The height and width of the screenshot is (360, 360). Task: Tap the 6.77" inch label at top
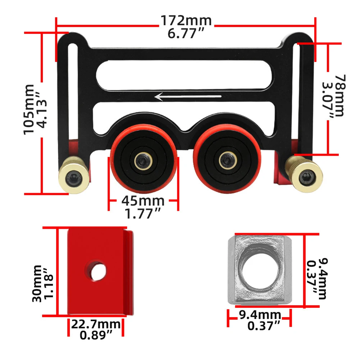pyautogui.click(x=186, y=34)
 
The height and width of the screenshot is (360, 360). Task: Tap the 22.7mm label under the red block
pyautogui.click(x=96, y=324)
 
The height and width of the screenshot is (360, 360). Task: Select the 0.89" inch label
pyautogui.click(x=96, y=335)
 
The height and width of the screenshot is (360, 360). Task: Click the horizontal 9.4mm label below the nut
pyautogui.click(x=260, y=315)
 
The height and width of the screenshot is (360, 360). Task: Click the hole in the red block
pyautogui.click(x=98, y=272)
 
